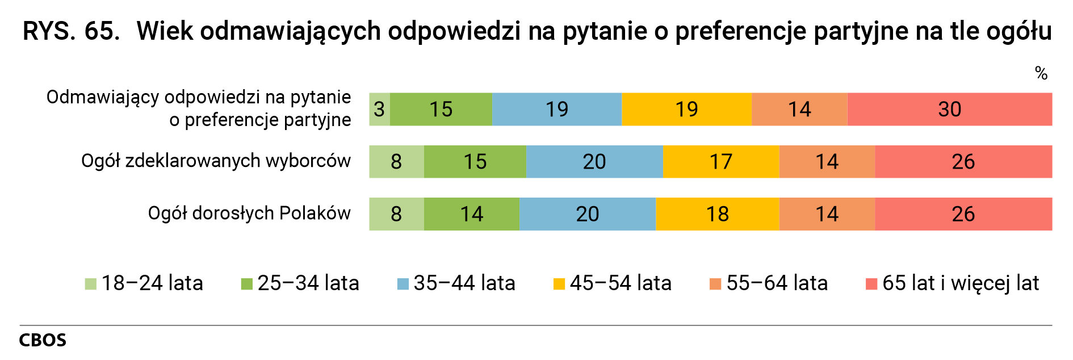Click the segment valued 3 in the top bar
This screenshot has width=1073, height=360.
pyautogui.click(x=379, y=109)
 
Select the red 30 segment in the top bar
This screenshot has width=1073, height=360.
pyautogui.click(x=949, y=109)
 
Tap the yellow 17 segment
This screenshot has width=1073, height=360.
pyautogui.click(x=720, y=162)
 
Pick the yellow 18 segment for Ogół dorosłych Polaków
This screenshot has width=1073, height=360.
pyautogui.click(x=717, y=214)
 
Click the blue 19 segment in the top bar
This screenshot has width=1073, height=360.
pyautogui.click(x=556, y=109)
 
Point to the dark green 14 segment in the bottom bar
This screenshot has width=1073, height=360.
pyautogui.click(x=471, y=214)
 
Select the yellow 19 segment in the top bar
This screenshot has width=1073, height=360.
pyautogui.click(x=686, y=109)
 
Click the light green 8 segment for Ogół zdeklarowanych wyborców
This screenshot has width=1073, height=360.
pyautogui.click(x=396, y=162)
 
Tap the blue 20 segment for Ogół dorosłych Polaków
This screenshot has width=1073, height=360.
pyautogui.click(x=587, y=214)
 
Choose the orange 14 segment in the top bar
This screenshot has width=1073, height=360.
pyautogui.click(x=799, y=109)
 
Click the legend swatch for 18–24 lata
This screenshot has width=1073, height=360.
pyautogui.click(x=90, y=284)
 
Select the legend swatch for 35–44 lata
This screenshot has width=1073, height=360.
pyautogui.click(x=403, y=284)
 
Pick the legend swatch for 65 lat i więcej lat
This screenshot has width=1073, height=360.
pyautogui.click(x=871, y=284)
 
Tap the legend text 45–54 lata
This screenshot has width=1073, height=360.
pyautogui.click(x=621, y=283)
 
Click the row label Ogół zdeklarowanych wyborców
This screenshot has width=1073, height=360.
pyautogui.click(x=216, y=161)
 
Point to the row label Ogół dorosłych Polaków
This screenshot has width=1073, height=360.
pyautogui.click(x=249, y=214)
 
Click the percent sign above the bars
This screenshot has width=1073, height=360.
pyautogui.click(x=1041, y=73)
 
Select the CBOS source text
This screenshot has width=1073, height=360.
pyautogui.click(x=43, y=340)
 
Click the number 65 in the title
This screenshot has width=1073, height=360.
pyautogui.click(x=102, y=31)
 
